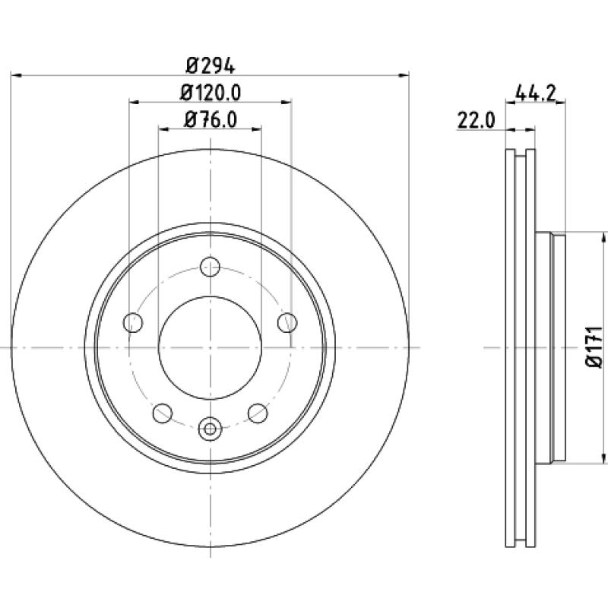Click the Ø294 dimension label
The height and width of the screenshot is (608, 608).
point(211,65)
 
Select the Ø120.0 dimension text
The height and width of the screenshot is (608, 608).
point(211,93)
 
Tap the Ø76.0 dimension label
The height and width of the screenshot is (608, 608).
point(211,119)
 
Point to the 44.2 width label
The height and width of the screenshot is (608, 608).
point(536,93)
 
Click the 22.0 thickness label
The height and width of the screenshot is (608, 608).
point(477,120)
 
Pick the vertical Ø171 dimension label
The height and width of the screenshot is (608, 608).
point(594,347)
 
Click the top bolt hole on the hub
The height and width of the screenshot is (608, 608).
point(210,267)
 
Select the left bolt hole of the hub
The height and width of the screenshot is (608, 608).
point(133,322)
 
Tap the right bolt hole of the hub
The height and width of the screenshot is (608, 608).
point(287,322)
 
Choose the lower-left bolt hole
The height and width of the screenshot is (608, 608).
point(163,413)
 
